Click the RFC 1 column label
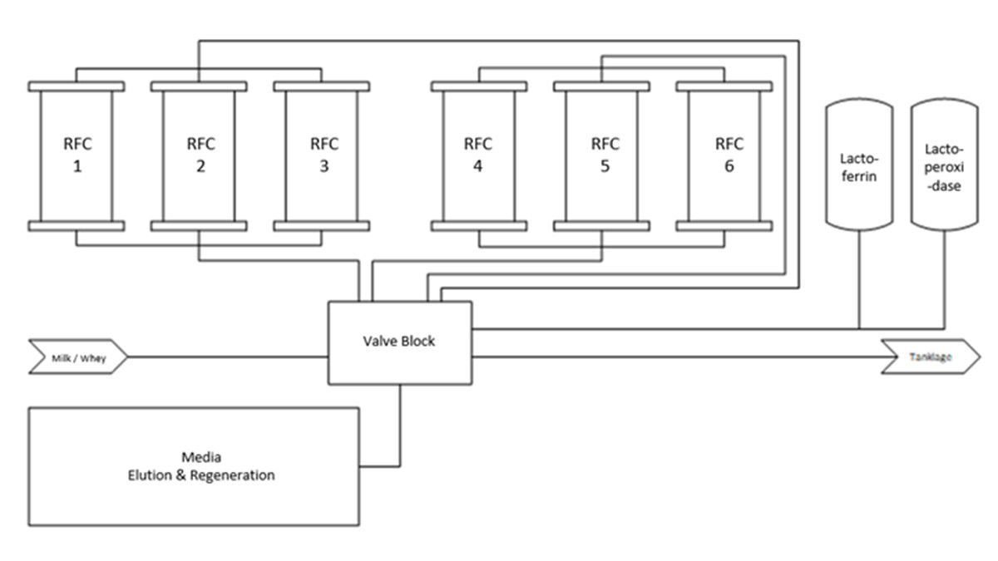click(x=77, y=155)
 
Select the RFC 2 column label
click(x=200, y=155)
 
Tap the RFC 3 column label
click(x=324, y=155)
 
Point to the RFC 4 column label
click(x=477, y=155)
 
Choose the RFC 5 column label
click(x=605, y=155)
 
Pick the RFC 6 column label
click(x=729, y=155)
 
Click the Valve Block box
click(x=399, y=342)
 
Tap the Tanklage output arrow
click(x=930, y=357)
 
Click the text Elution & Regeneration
click(x=200, y=476)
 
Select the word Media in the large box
click(x=200, y=458)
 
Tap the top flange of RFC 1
click(x=77, y=86)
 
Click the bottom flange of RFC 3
click(x=323, y=225)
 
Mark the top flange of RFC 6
click(x=724, y=86)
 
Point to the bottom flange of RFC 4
click(x=478, y=225)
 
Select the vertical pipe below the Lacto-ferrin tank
click(x=858, y=278)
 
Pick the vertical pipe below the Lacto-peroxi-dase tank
click(x=944, y=278)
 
